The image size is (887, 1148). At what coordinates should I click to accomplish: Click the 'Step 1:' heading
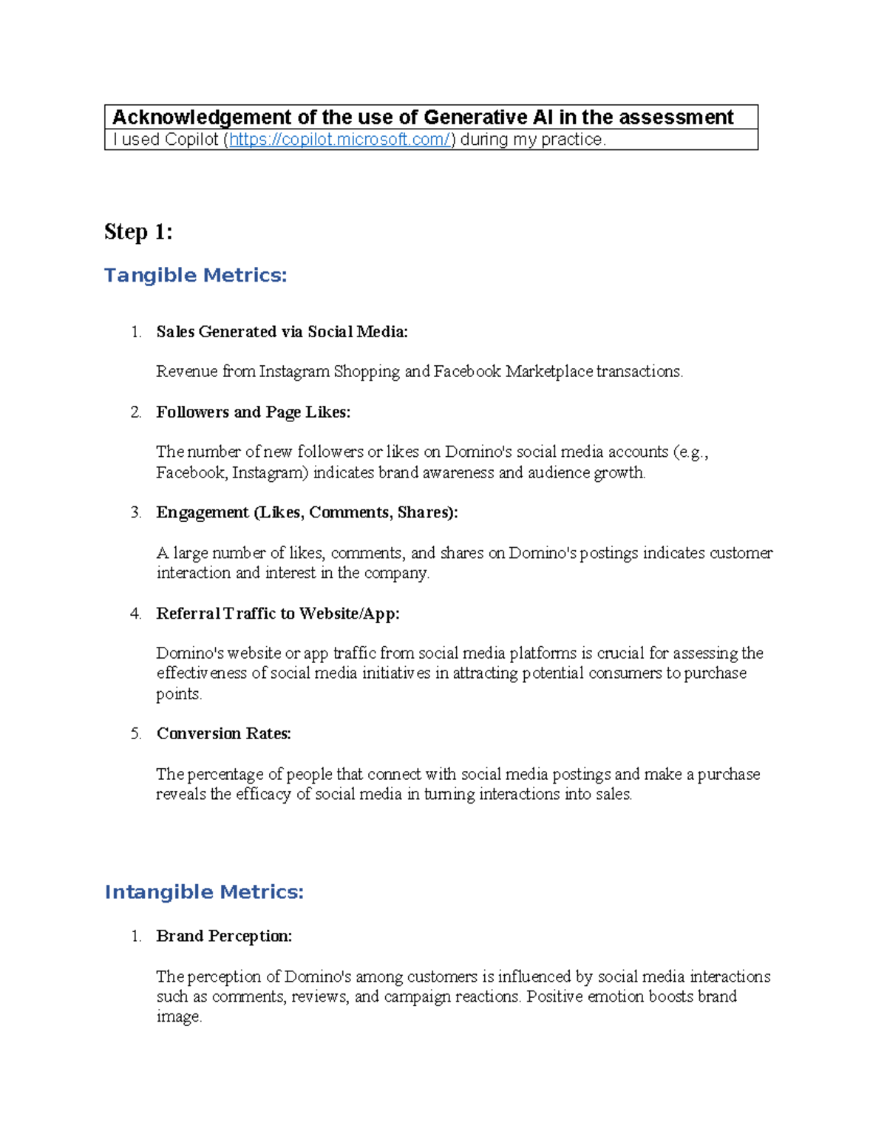(x=138, y=232)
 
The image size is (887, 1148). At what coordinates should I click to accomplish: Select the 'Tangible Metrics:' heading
(x=195, y=275)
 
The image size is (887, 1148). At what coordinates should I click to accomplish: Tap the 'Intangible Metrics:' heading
(x=204, y=892)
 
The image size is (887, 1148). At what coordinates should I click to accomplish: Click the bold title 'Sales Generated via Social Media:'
(x=282, y=332)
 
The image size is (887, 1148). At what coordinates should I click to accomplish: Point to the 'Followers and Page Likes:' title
(x=253, y=412)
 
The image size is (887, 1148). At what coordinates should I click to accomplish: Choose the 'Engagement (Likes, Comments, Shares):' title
(x=307, y=512)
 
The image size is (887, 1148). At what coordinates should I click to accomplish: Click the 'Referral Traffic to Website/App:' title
(x=277, y=614)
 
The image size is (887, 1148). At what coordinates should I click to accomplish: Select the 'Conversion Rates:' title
(x=223, y=733)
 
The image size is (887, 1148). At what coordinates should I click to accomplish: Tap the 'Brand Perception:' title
(x=224, y=936)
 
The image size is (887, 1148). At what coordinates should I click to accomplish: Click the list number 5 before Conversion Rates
(x=136, y=734)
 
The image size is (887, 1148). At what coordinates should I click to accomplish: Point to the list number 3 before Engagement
(x=136, y=513)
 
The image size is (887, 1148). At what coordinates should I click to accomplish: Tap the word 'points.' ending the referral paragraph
(x=178, y=694)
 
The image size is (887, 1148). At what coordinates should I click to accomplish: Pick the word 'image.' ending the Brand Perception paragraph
(x=178, y=1017)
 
